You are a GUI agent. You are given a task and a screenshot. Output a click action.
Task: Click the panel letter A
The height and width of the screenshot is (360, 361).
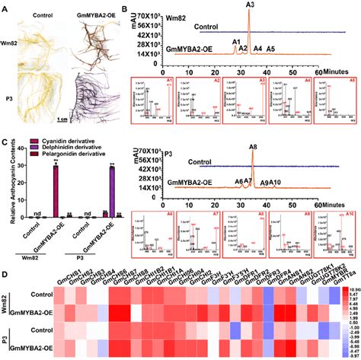click(5, 5)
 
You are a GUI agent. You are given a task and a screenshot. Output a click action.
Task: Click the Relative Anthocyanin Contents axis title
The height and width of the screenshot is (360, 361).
click(7, 183)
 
